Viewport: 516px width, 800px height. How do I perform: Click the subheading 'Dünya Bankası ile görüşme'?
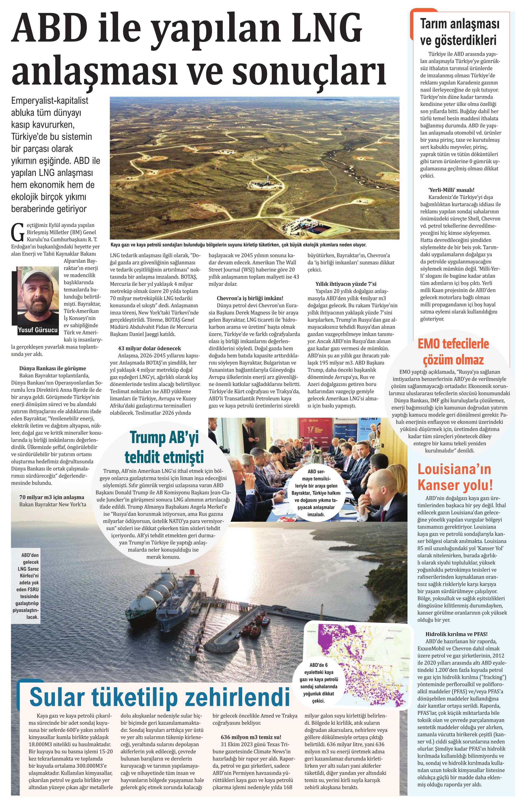click(53, 369)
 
